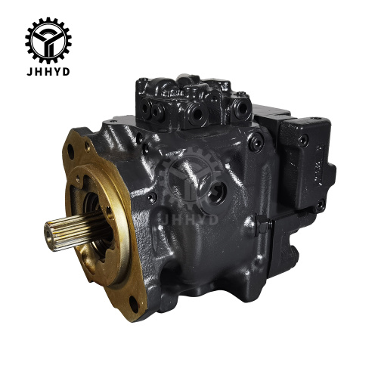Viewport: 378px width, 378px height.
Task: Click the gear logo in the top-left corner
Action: pos(48,40)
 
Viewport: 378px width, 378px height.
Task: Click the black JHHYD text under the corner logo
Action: pos(48,72)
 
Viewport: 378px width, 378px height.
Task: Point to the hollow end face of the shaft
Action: pos(49,236)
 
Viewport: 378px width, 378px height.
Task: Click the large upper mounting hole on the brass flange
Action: pos(70,151)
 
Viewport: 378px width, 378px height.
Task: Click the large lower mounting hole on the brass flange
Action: pos(134,305)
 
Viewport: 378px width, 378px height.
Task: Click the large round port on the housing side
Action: pos(216,193)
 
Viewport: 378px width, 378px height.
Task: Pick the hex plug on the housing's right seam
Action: pos(263,225)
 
